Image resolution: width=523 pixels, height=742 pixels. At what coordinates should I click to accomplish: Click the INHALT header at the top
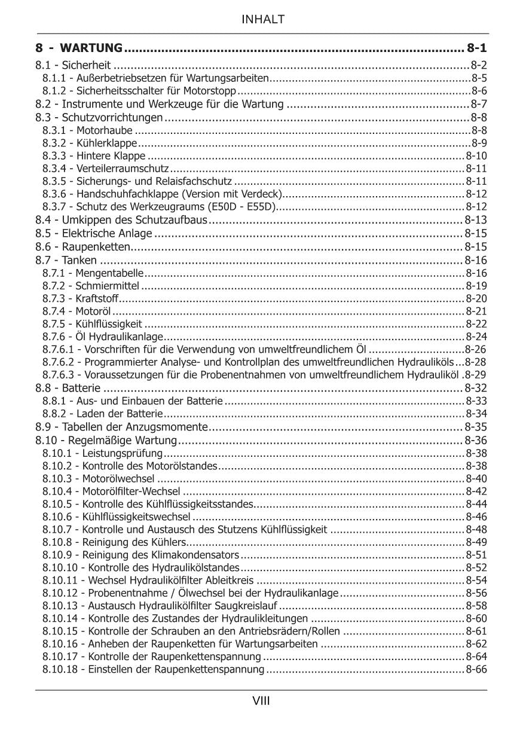[262, 20]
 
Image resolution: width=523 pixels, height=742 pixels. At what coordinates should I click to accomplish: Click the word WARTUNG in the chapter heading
[92, 48]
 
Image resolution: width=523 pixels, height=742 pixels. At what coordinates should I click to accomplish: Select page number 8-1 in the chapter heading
[477, 48]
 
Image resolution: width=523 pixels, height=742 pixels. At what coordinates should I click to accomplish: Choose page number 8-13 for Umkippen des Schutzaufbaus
[476, 220]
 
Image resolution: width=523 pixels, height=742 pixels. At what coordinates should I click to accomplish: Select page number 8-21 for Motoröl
[476, 311]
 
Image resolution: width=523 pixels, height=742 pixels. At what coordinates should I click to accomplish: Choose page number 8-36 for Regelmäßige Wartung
[476, 441]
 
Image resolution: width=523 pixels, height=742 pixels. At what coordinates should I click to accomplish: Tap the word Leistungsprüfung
[114, 453]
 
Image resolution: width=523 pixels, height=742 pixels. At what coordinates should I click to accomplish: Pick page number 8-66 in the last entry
[476, 670]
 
